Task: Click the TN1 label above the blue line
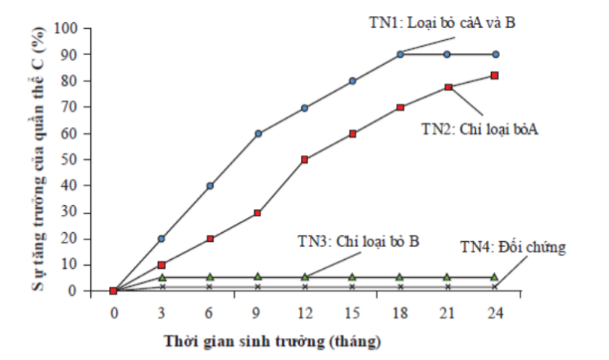[x=441, y=22]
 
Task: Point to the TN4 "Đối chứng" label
[x=512, y=246]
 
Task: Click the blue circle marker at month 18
[x=400, y=54]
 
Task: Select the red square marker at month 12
[x=305, y=160]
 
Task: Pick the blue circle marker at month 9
[x=257, y=133]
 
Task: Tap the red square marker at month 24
[x=494, y=75]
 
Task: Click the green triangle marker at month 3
[x=161, y=277]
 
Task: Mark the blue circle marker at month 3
[x=161, y=239]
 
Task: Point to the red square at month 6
[x=210, y=239]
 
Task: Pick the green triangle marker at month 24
[x=494, y=277]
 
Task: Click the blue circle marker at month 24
[x=494, y=54]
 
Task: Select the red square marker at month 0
[x=114, y=291]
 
